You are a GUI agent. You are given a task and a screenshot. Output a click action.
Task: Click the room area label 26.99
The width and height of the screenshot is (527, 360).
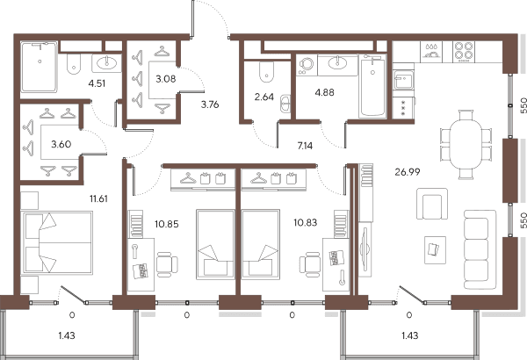tap(408, 172)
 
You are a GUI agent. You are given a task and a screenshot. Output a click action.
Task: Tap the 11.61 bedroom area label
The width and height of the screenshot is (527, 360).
tap(98, 198)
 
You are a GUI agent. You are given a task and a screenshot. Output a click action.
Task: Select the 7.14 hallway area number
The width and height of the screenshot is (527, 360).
tap(305, 146)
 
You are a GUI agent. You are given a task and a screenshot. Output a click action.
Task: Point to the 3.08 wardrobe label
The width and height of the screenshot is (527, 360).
tap(166, 79)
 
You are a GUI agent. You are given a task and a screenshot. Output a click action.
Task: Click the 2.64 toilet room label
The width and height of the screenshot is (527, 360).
tap(264, 97)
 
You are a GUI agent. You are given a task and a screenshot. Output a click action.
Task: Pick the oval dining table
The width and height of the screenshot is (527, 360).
tap(466, 145)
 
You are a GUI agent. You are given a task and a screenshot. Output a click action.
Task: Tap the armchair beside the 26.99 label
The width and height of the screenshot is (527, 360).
tap(432, 204)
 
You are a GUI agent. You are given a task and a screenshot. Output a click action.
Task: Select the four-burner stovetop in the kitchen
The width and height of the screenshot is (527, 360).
tap(464, 52)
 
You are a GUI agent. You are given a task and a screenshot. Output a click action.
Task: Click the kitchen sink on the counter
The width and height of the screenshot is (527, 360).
tap(403, 80)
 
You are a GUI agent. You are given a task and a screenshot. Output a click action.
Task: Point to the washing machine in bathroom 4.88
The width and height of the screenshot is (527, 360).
tap(306, 65)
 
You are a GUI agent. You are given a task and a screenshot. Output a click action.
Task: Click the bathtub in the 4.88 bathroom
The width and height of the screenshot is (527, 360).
tap(372, 87)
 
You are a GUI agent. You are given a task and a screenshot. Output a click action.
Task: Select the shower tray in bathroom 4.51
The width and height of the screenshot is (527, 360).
tap(39, 67)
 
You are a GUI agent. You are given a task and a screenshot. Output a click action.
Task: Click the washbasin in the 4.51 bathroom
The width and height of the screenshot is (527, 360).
tap(106, 63)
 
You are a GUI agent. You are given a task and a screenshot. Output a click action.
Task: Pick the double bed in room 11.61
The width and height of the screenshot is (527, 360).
tap(56, 242)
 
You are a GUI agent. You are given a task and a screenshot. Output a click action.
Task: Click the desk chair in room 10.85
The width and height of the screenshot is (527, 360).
tap(167, 264)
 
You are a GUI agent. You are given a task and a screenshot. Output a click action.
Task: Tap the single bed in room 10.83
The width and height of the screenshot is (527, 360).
tap(261, 244)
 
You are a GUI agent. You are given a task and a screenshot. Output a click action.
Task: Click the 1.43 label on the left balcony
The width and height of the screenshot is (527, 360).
tap(67, 335)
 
